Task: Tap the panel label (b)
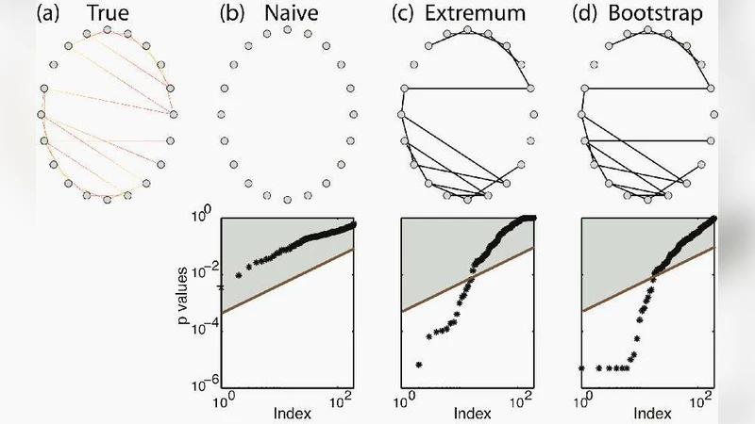pos(233,13)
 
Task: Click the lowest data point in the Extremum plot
pos(418,365)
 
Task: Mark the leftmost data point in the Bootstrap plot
pos(582,367)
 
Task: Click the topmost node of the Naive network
pos(288,30)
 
